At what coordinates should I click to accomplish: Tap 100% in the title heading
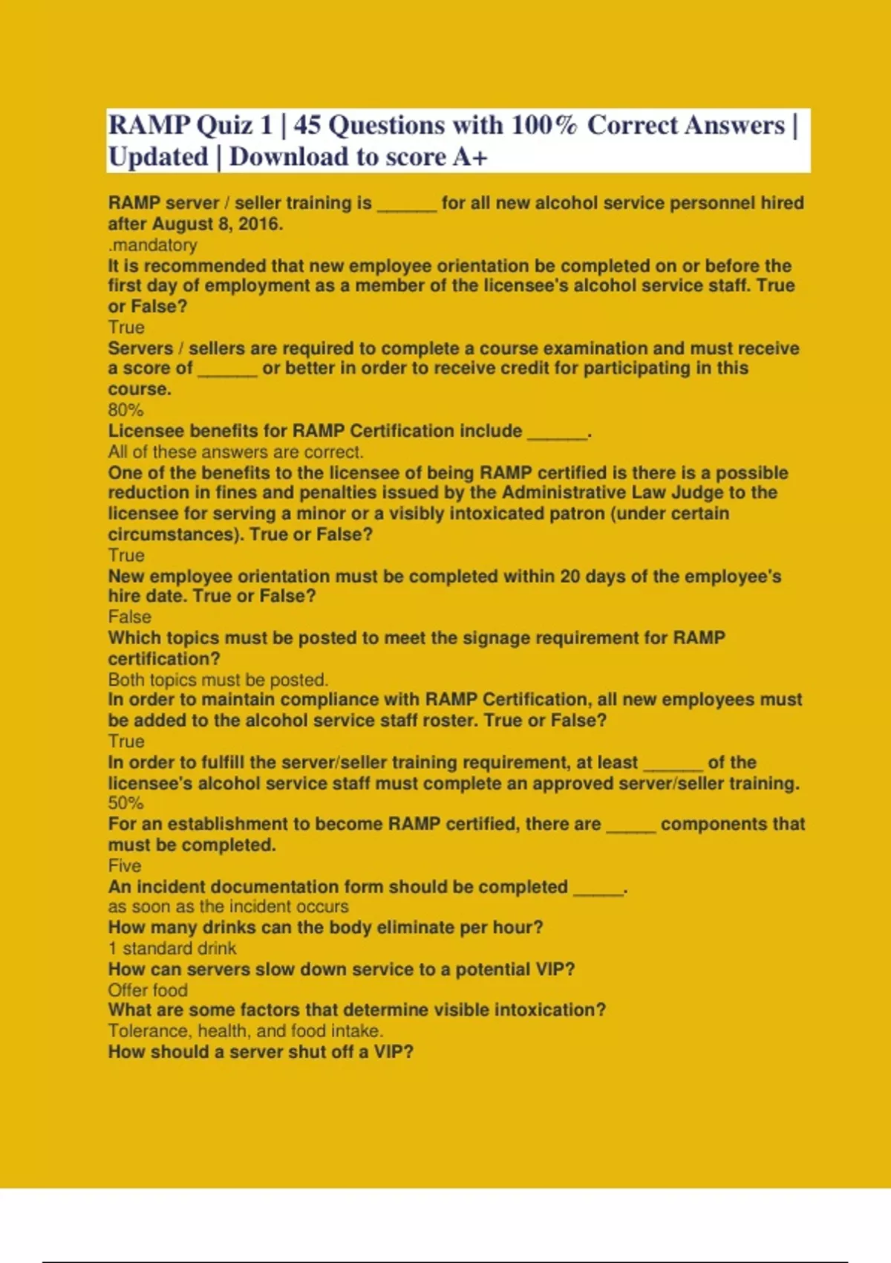tap(544, 125)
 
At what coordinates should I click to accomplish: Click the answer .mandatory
tap(152, 244)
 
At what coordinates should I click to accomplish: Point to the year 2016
tap(259, 224)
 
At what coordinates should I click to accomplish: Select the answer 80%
tap(125, 409)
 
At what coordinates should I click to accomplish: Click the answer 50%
tap(125, 803)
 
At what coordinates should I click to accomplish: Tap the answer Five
tap(124, 866)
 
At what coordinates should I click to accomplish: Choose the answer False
tap(129, 617)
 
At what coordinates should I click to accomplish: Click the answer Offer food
tap(148, 990)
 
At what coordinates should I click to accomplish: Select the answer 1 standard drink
tap(172, 948)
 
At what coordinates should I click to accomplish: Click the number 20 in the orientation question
tap(570, 576)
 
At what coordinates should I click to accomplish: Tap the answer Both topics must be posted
tap(218, 679)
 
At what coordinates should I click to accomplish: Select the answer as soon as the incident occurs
tap(228, 906)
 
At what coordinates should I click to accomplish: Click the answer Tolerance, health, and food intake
tap(245, 1030)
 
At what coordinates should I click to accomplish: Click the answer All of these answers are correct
tap(235, 452)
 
